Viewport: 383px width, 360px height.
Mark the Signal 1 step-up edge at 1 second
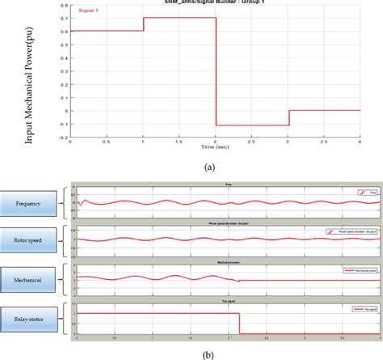click(x=143, y=24)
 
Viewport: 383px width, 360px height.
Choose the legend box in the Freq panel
click(x=360, y=193)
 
